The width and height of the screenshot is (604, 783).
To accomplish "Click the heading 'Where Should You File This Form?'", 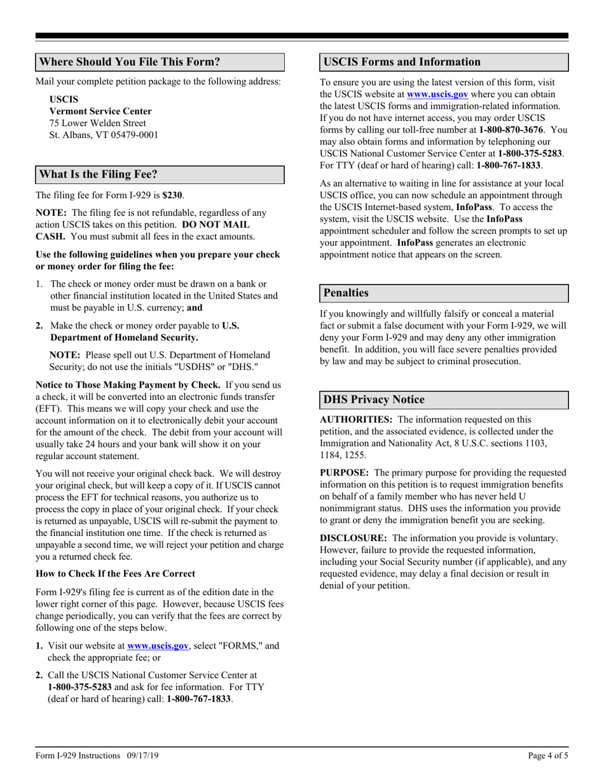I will tap(130, 62).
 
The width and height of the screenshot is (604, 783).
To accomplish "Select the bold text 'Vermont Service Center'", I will tap(100, 111).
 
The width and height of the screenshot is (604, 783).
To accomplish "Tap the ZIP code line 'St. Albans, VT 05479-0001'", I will tap(104, 135).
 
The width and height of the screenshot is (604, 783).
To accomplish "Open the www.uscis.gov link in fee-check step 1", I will tap(158, 645).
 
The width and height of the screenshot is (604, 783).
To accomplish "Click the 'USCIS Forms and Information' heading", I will tap(402, 62).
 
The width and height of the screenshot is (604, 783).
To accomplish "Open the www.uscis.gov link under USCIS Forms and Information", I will tap(437, 94).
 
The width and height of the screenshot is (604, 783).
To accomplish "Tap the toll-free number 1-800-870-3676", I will tap(506, 130).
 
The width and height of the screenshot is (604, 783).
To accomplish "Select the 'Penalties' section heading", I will tap(346, 293).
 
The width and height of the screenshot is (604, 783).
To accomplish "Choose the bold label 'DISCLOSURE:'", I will tap(354, 538).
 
